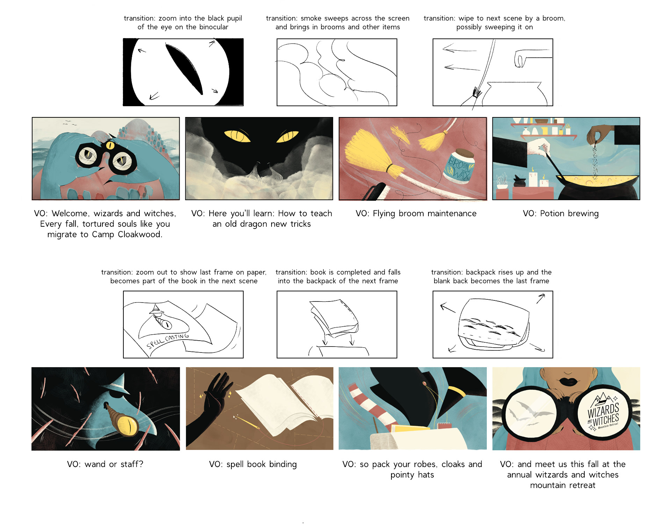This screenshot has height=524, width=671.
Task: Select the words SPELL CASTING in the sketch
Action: point(167,341)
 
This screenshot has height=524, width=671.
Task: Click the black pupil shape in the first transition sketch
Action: point(184,69)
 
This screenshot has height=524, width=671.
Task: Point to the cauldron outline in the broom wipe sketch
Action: point(514,93)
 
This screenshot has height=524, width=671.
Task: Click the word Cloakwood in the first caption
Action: point(140,234)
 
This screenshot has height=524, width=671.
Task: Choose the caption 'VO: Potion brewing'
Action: point(561,213)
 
